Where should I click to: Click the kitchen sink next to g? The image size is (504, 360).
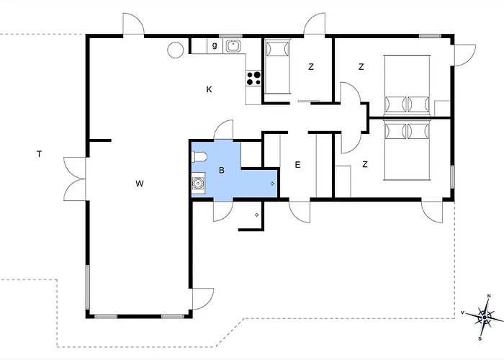tap(232, 46)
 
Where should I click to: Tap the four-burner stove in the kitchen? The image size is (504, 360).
tap(253, 78)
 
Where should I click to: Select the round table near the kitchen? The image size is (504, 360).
tap(176, 50)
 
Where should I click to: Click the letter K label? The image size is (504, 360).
tap(209, 89)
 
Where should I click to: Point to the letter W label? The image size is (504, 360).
tap(140, 184)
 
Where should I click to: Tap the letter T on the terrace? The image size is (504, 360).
tap(39, 154)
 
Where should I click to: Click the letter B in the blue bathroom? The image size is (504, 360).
tap(222, 170)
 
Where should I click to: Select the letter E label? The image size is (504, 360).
tap(297, 165)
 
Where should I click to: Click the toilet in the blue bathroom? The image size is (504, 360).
tap(199, 157)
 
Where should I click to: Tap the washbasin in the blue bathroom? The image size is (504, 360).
tap(198, 183)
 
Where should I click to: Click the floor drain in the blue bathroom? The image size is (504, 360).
tap(272, 184)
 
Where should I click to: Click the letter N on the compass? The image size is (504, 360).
tap(489, 296)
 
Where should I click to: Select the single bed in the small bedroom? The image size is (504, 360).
tap(277, 67)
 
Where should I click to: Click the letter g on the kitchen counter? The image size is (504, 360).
tap(215, 45)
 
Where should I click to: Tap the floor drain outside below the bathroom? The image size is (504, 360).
tap(256, 215)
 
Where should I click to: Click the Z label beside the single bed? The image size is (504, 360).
tap(311, 67)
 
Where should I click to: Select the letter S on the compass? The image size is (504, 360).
tap(480, 338)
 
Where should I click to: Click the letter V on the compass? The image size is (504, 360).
tap(463, 312)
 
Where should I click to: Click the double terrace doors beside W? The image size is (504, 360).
tap(75, 179)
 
